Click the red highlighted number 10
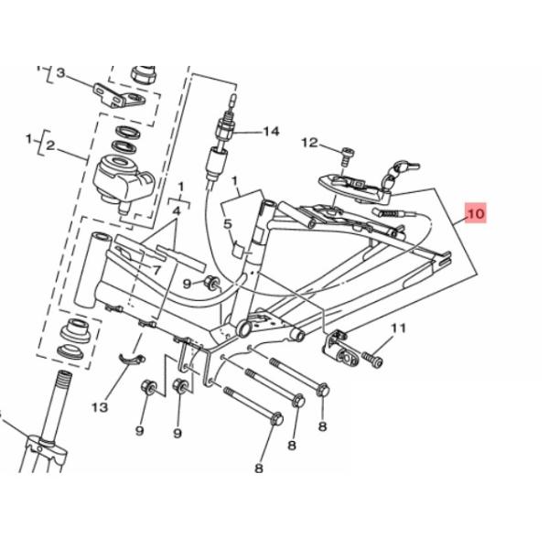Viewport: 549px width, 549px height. (476, 213)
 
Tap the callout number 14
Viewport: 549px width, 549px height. (271, 132)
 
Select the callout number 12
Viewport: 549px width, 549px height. (310, 143)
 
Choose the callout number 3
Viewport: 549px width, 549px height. (61, 73)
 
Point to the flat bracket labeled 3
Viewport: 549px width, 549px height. (119, 96)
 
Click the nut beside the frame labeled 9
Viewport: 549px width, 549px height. (212, 283)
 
